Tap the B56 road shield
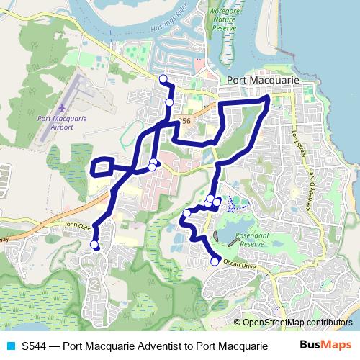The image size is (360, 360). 186,122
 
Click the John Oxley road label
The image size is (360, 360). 78,225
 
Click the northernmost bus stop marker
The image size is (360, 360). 163,78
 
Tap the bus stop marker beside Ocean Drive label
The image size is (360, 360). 215,261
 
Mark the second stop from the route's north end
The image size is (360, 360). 169,102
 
